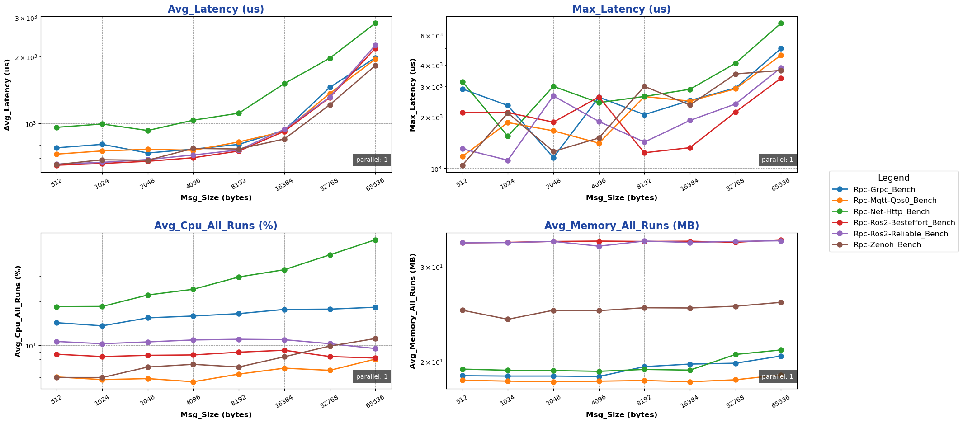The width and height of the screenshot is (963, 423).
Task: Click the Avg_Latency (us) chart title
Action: pos(216,9)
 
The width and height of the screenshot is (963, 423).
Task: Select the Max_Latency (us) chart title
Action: pos(621,9)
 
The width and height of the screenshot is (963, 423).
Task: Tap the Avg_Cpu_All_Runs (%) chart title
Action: pos(216,226)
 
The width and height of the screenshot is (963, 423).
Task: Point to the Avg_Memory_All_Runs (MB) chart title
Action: pos(621,226)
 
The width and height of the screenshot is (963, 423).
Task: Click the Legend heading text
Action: pos(893,178)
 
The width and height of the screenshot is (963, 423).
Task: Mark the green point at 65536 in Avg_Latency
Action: pos(375,23)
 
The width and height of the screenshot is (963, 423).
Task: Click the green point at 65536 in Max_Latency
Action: pos(781,23)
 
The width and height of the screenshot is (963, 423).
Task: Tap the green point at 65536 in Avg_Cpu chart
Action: pos(375,240)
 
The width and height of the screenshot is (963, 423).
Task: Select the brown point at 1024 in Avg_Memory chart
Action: pos(508,319)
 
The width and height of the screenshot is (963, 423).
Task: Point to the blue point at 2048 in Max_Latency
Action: pos(553,158)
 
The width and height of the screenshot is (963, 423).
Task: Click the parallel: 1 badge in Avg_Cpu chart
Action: pos(372,376)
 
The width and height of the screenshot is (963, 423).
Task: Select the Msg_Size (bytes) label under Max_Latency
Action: pos(621,197)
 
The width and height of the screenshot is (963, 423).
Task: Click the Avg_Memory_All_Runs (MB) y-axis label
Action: pos(413,311)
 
